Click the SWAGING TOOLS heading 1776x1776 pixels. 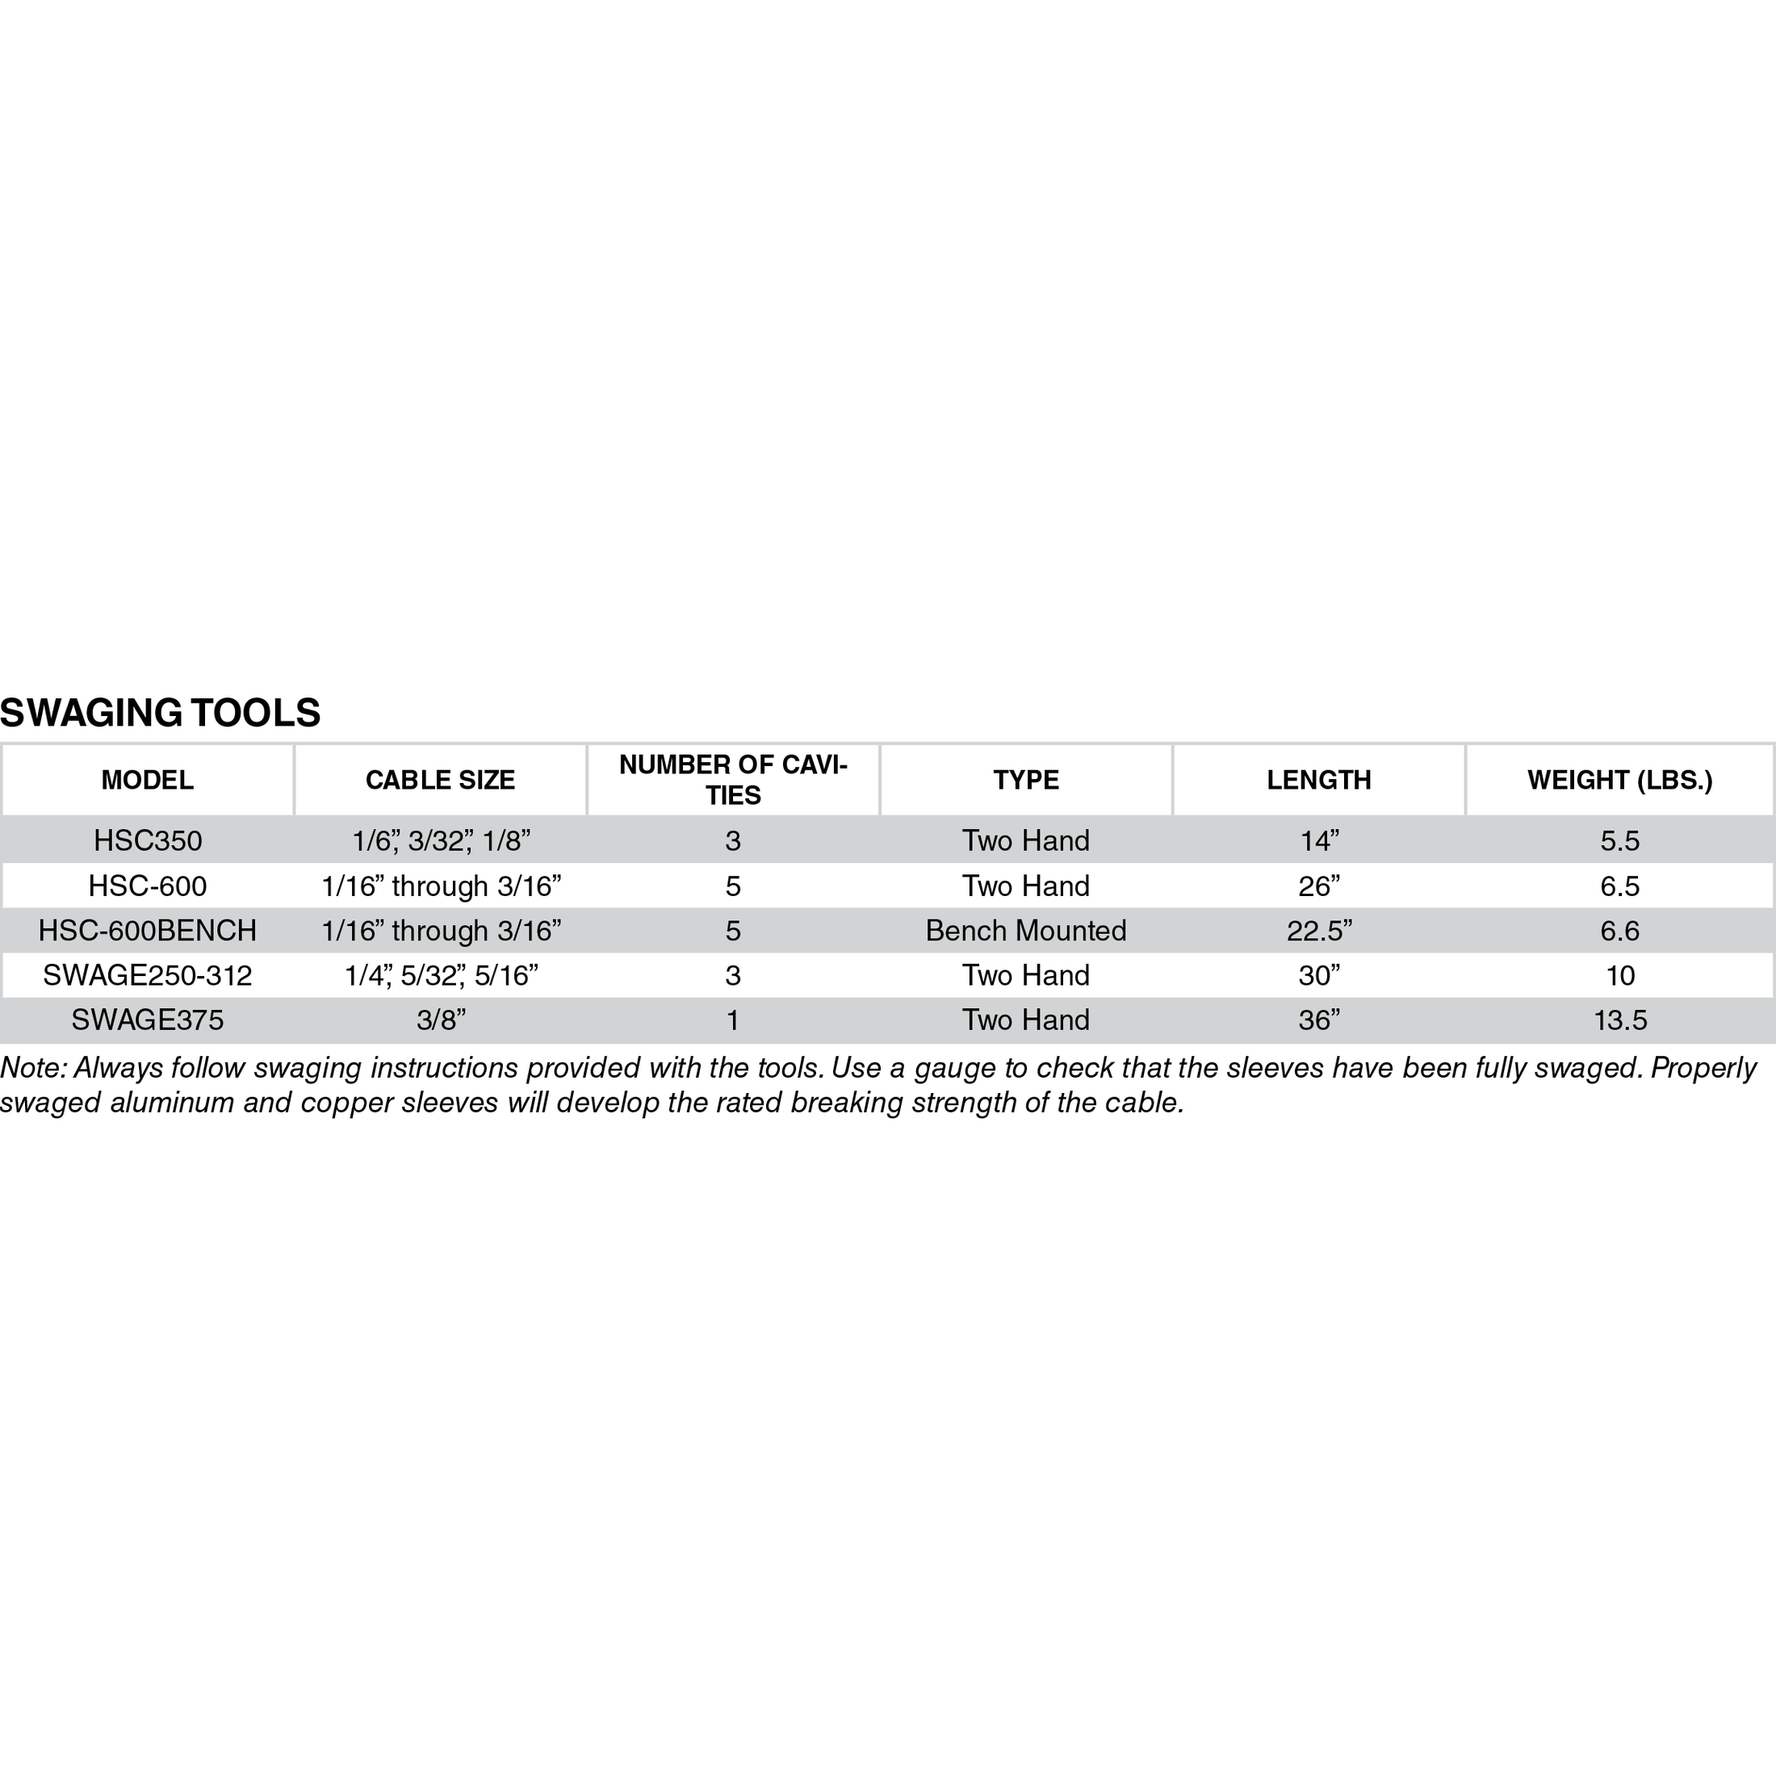160,714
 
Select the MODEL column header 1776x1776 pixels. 147,781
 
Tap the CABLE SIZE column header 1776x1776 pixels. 440,781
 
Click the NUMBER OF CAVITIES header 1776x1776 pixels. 733,780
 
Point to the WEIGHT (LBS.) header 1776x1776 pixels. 1619,781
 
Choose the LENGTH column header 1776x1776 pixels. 1318,781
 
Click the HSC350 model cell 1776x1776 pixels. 147,840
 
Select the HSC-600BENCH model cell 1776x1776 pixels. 147,930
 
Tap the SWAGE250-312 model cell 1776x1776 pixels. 147,975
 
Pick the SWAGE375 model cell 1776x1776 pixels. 147,1020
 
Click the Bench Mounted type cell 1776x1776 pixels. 1026,930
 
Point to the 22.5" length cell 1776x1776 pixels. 1318,930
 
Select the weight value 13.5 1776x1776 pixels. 1619,1020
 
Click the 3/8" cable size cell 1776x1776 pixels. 440,1020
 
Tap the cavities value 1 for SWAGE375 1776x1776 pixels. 733,1020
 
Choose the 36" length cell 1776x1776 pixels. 1318,1020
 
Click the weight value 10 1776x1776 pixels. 1619,975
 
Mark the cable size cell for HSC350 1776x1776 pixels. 440,840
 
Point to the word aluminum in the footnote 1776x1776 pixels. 171,1102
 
